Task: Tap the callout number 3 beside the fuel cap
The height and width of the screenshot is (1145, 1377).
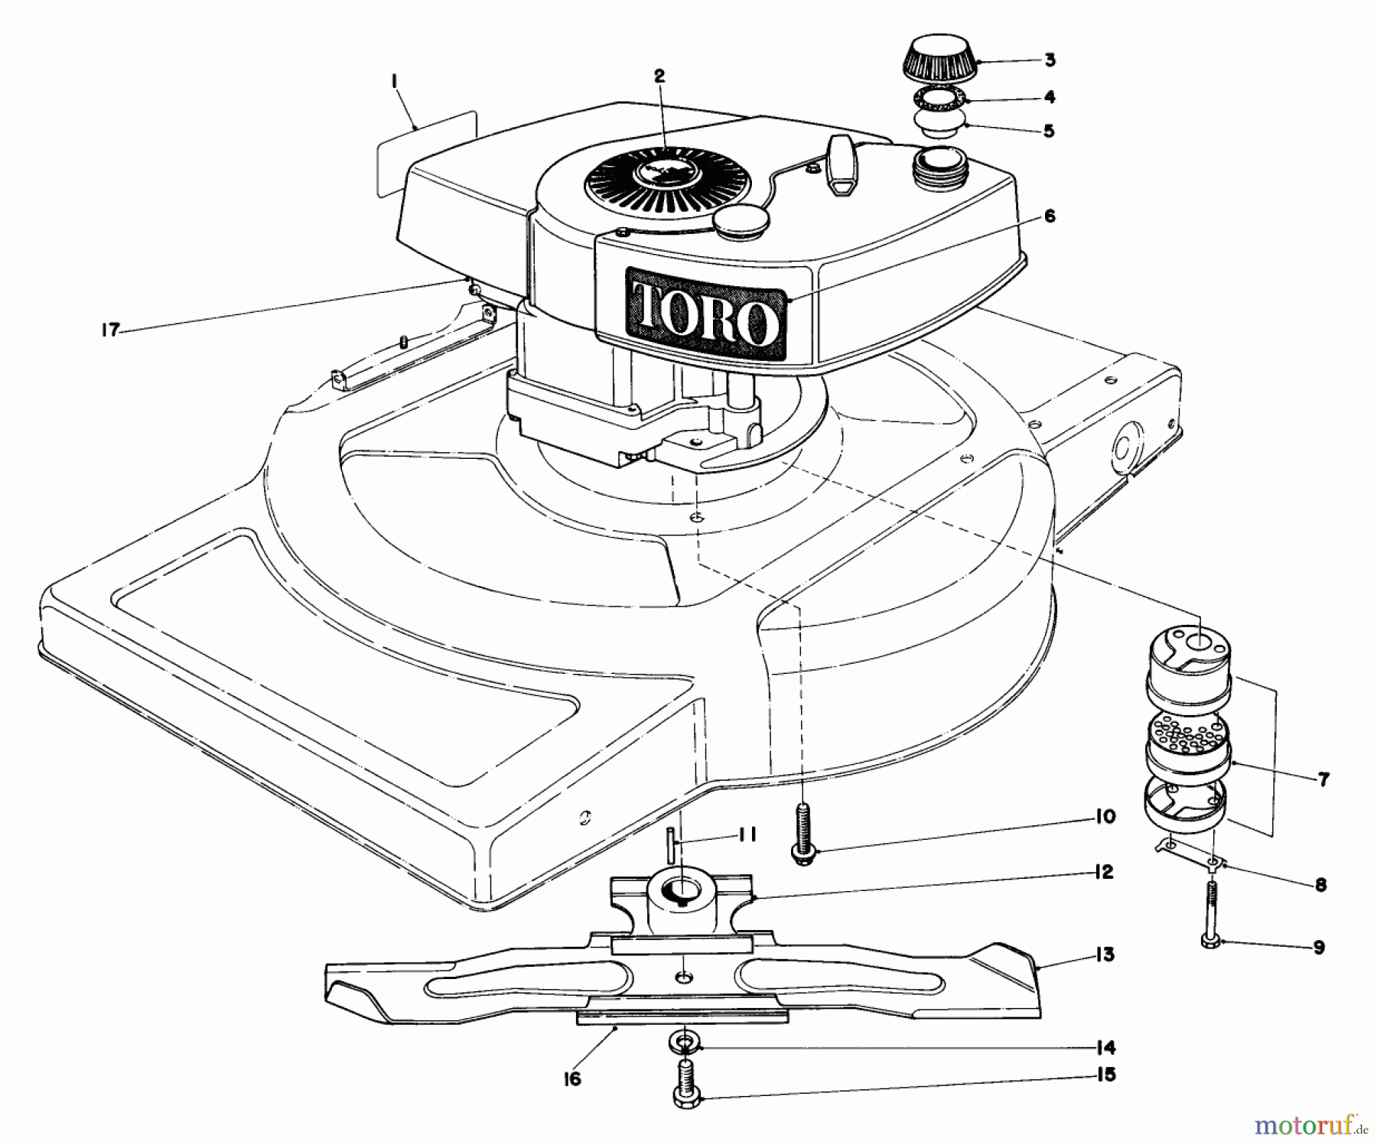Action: (1050, 60)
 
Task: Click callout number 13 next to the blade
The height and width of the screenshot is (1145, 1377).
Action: (1104, 955)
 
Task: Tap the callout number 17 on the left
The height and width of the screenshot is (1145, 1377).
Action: (110, 330)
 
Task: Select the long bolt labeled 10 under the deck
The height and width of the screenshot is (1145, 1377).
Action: (802, 834)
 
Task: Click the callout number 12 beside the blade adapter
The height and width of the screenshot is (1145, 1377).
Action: (1102, 872)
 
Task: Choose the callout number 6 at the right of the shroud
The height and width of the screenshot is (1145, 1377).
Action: (1049, 216)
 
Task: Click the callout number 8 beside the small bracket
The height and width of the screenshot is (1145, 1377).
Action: (1320, 885)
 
